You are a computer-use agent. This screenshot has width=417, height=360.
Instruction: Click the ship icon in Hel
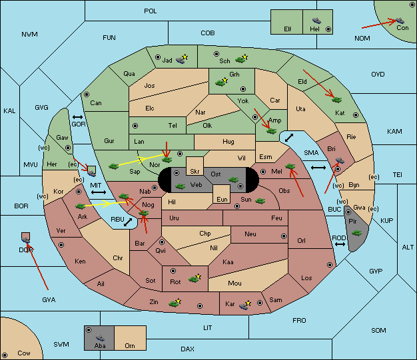pos(316,21)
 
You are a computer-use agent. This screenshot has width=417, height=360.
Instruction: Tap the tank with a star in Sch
pos(241,59)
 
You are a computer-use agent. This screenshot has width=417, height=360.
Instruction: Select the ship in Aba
pos(100,338)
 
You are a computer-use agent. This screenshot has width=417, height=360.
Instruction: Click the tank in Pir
pos(356,233)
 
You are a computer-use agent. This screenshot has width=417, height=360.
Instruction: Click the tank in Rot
pos(195,278)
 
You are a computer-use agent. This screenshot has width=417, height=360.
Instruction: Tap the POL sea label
pos(151,11)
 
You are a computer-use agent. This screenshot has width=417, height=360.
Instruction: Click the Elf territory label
pos(288,29)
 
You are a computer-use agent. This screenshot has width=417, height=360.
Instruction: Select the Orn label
pos(130,345)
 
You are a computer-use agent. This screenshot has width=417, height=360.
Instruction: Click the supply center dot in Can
pos(87,94)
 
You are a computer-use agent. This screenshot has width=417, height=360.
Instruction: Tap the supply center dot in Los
pos(330,265)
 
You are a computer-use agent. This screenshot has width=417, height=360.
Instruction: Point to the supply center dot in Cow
pos(5,355)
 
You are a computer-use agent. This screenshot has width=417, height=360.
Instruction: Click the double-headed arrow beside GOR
pos(77,117)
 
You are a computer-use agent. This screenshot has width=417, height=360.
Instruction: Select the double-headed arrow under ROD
pos(340,244)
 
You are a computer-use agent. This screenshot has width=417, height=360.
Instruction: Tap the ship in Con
pos(400,21)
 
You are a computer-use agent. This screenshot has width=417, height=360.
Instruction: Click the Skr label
pos(195,172)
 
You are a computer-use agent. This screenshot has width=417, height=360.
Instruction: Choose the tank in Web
pos(180,186)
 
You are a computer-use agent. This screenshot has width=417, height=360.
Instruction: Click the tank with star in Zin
pos(175,303)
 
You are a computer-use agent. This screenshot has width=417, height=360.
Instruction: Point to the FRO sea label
pos(299,321)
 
